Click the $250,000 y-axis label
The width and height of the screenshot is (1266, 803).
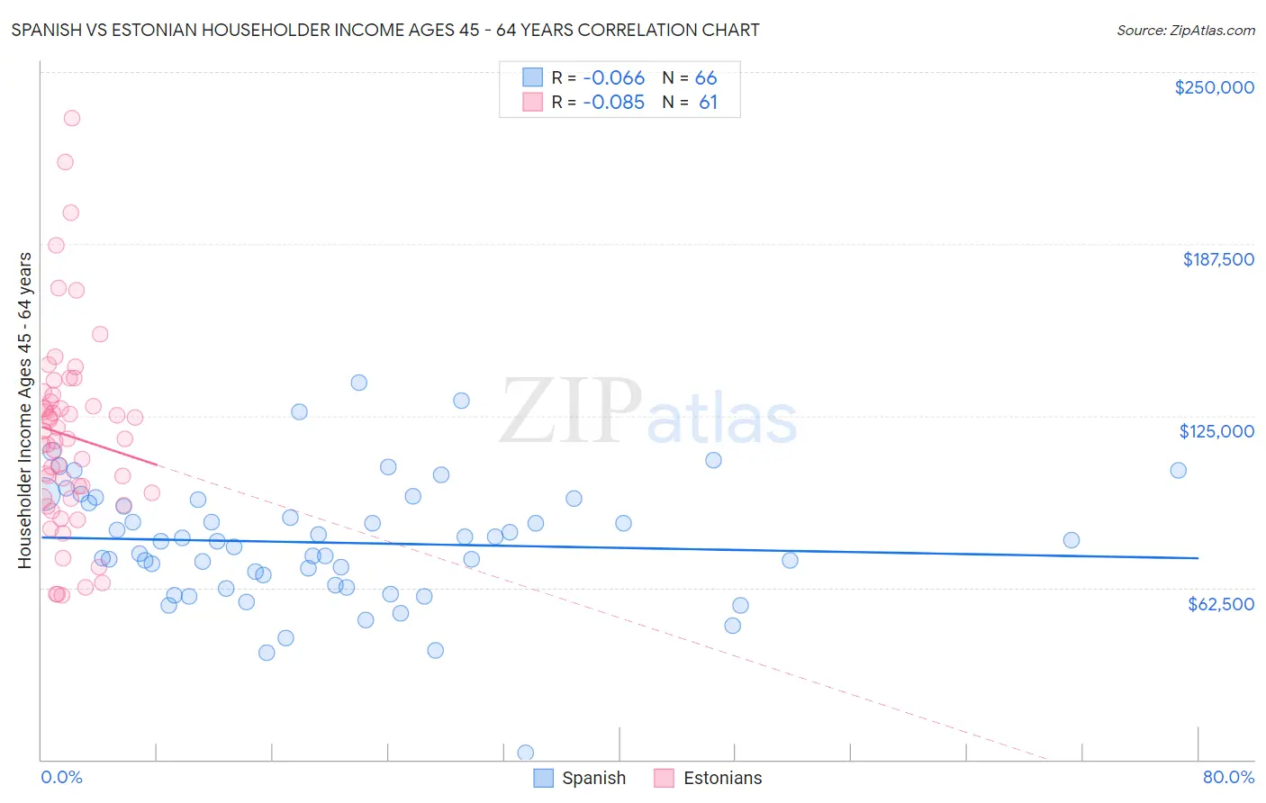click(x=1214, y=87)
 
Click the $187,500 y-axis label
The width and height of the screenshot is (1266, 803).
click(x=1217, y=259)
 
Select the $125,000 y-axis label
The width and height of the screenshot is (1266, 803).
click(x=1216, y=431)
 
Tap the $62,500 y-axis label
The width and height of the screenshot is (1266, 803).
click(x=1220, y=604)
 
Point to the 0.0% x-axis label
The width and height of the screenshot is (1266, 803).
click(x=61, y=777)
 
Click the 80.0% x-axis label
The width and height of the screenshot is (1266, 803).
click(x=1228, y=777)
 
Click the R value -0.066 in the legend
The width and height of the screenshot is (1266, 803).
click(x=613, y=78)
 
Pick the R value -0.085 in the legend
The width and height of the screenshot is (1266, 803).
click(x=613, y=103)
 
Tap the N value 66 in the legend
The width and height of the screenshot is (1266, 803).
click(x=706, y=78)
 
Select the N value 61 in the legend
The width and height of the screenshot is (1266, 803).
click(x=708, y=103)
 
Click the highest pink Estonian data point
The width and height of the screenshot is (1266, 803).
click(x=72, y=118)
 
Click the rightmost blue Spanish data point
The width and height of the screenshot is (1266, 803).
click(x=1178, y=470)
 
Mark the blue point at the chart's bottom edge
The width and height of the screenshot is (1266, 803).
click(x=526, y=753)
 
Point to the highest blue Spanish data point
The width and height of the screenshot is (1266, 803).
click(x=358, y=383)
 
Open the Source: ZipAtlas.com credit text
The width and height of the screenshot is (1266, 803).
click(x=1185, y=31)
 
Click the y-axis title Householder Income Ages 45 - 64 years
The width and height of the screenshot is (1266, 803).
click(x=24, y=411)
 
